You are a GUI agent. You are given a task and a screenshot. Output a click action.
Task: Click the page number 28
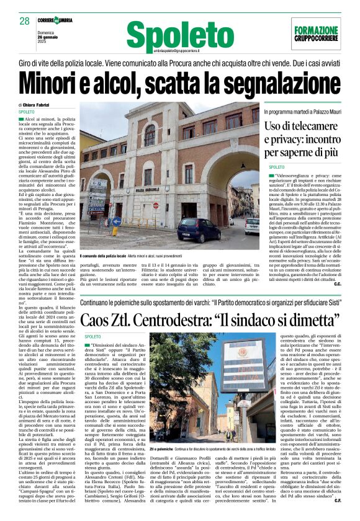[x=24, y=21]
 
